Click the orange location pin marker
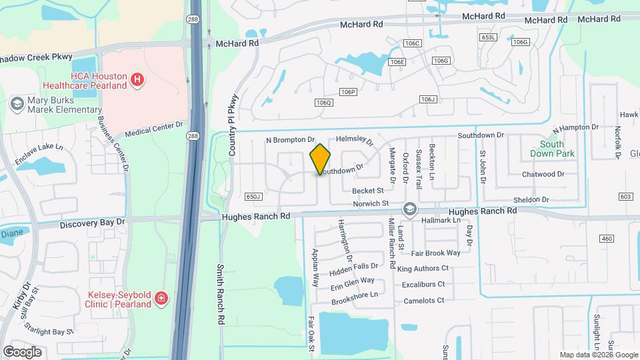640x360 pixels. [321, 159]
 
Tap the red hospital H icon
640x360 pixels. [137, 81]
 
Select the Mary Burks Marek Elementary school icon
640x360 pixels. [17, 104]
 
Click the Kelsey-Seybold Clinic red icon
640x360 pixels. [161, 298]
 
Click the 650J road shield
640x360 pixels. [253, 197]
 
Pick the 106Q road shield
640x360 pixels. [323, 102]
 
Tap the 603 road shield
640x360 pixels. [625, 197]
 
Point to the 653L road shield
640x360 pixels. [488, 37]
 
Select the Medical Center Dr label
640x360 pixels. [153, 128]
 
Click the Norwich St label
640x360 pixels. [371, 203]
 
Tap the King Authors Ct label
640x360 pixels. [423, 268]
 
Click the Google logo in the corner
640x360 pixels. [22, 351]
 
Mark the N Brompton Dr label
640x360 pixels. [290, 140]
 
